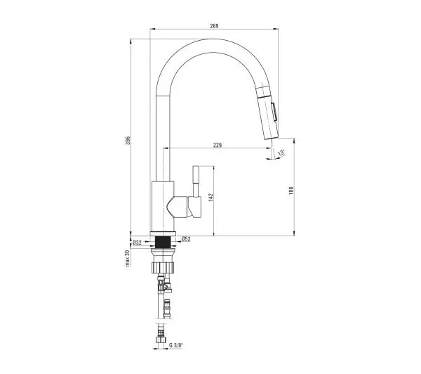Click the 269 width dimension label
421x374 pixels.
(x=214, y=26)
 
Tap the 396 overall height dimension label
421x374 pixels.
(x=128, y=140)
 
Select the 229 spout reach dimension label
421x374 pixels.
(x=218, y=145)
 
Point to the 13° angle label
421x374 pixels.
(x=281, y=153)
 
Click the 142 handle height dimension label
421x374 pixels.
(x=210, y=198)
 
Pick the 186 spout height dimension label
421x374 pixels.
(x=291, y=191)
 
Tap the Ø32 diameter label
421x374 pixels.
(x=137, y=243)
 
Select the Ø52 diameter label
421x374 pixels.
(x=186, y=238)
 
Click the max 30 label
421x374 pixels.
(x=127, y=258)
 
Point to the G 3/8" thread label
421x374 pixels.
(x=176, y=345)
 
